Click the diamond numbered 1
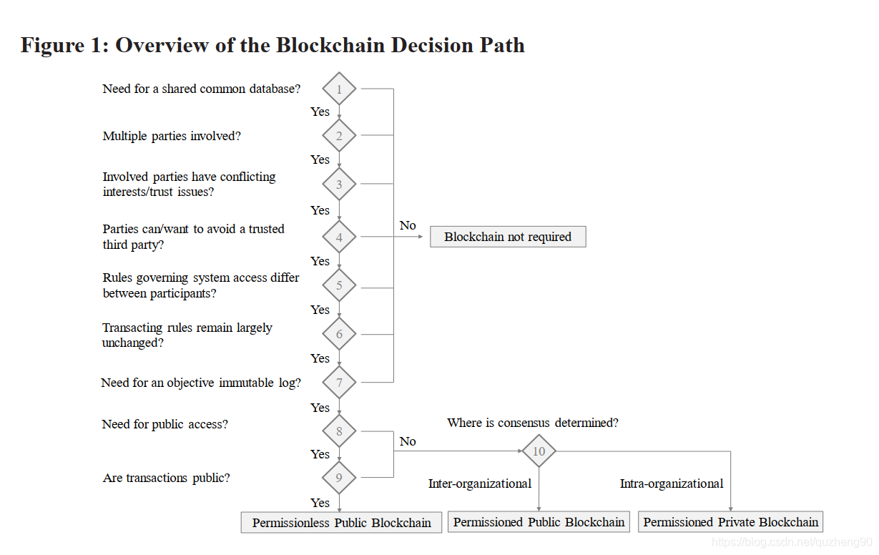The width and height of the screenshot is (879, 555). (339, 89)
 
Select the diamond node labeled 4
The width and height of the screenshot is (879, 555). (339, 237)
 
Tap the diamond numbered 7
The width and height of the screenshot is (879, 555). (339, 383)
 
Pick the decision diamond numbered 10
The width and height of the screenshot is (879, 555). (539, 451)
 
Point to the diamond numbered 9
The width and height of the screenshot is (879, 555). (339, 478)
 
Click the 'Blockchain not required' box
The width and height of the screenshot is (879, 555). (508, 237)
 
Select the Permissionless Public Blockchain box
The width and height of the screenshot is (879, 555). (341, 523)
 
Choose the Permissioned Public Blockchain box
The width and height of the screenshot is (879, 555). (539, 522)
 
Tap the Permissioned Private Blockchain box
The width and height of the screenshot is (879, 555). (730, 522)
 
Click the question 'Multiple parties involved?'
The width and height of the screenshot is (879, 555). (172, 136)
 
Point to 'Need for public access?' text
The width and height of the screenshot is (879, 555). (165, 424)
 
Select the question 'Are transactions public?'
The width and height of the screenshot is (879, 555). (167, 478)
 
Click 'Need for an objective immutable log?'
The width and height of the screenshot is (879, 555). (201, 383)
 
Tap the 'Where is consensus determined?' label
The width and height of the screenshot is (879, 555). (533, 423)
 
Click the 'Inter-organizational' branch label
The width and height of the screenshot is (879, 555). (480, 483)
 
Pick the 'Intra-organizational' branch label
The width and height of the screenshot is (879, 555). (672, 483)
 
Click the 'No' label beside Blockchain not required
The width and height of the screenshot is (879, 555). (408, 225)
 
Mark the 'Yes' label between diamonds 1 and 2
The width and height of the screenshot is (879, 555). (320, 112)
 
